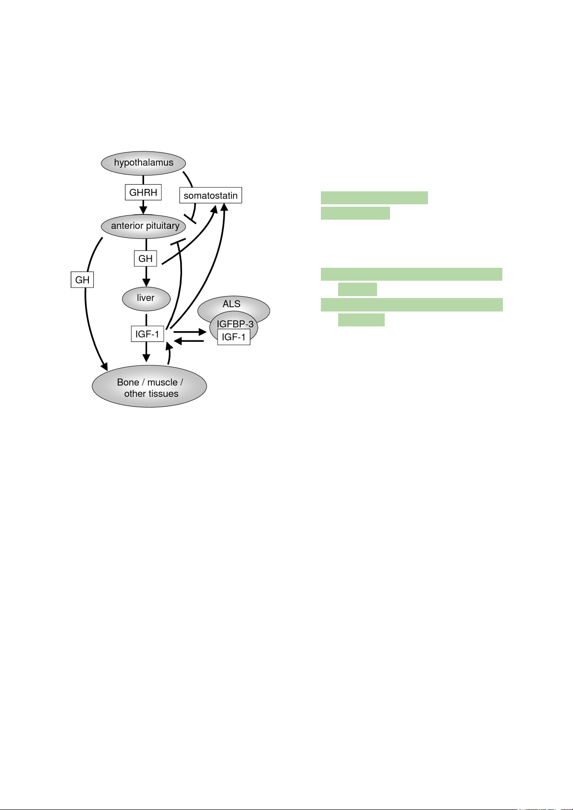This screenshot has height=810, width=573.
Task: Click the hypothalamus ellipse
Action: [143, 163]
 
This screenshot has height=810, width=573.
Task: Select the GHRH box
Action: [143, 193]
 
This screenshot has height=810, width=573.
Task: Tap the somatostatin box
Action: [210, 196]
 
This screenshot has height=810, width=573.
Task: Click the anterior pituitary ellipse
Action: [145, 226]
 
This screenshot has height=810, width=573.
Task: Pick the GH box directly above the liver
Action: [145, 259]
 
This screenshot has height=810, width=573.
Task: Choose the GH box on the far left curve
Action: [82, 280]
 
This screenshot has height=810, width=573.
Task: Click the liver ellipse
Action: [146, 298]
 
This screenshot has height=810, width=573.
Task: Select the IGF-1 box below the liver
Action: [147, 334]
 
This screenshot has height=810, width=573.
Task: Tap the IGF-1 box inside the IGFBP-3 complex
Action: [233, 337]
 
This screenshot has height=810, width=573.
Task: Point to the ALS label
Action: [232, 304]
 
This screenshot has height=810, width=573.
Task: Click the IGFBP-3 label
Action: [235, 324]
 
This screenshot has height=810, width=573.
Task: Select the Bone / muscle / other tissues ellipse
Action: [149, 387]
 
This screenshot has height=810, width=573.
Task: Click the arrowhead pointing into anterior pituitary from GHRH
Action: [143, 211]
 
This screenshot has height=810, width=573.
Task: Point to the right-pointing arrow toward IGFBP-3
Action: [190, 332]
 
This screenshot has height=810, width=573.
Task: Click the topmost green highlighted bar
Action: [374, 198]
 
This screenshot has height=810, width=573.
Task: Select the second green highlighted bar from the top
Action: [355, 213]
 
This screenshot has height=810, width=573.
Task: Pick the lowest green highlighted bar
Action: [361, 320]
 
